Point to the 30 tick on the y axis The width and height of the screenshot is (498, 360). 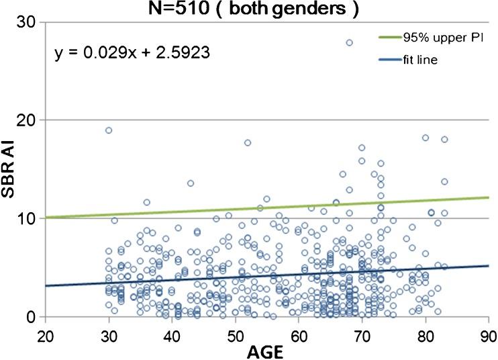click(28, 22)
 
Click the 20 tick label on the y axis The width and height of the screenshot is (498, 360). click(28, 120)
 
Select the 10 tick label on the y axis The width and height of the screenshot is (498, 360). click(28, 218)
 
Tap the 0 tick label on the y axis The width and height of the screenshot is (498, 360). click(32, 316)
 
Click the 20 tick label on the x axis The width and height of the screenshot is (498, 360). click(45, 334)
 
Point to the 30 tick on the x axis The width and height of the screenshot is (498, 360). click(109, 334)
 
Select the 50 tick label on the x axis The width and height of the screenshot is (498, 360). click(236, 334)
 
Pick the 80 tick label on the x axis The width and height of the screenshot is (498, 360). click(426, 334)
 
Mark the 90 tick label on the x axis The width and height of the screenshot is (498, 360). click(488, 334)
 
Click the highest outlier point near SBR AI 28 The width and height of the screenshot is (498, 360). click(349, 42)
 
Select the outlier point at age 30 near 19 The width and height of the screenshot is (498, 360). click(109, 130)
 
